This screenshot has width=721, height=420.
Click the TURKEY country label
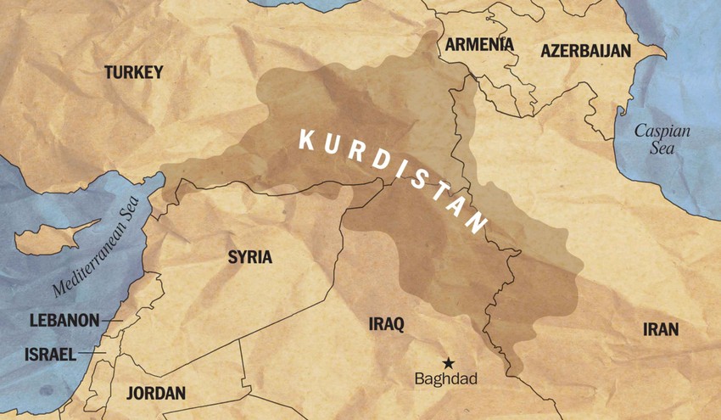coord(133,73)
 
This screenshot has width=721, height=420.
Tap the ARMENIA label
coord(479,44)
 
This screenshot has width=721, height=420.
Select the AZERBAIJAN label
coord(585,51)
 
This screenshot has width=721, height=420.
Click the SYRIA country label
coord(249,257)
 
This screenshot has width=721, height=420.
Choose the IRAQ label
coord(387,323)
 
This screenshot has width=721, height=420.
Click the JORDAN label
coord(155,392)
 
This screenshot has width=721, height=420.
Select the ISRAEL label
coord(50,354)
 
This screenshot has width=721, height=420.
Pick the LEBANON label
coord(64,321)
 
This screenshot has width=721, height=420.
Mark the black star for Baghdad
coord(447,363)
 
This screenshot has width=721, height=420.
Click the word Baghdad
coord(446,379)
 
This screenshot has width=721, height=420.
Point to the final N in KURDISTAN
coord(478,225)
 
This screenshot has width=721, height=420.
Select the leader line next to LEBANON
coord(113,321)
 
